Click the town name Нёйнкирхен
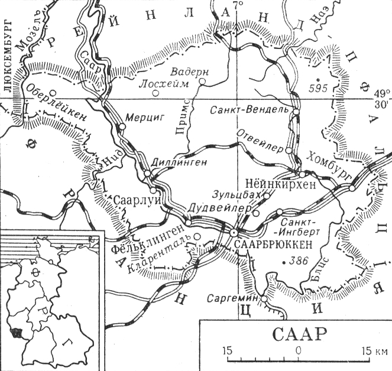283,184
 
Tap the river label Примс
184,110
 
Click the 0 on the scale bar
299,350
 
